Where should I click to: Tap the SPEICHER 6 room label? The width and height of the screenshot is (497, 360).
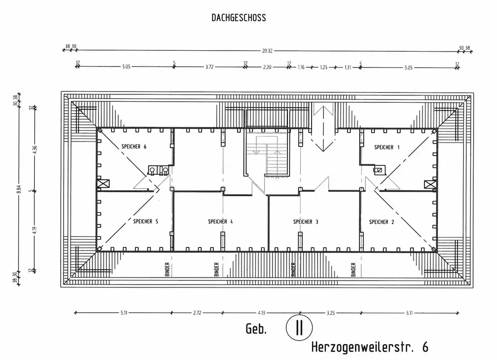(134, 146)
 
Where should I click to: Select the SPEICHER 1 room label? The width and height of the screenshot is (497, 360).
(387, 147)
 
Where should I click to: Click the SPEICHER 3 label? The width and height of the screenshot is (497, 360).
(306, 221)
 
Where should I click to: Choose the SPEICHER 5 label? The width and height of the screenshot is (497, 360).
(146, 221)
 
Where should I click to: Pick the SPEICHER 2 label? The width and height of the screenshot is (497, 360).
(381, 221)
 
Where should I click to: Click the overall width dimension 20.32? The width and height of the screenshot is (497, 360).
(267, 50)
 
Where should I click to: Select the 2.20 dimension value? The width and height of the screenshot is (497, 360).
(267, 67)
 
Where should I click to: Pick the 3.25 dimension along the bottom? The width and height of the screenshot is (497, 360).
(331, 313)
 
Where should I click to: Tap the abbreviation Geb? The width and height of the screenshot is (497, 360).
(256, 329)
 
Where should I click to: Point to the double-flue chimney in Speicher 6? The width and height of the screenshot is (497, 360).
(159, 169)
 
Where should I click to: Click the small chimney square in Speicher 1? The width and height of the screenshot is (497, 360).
(378, 170)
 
